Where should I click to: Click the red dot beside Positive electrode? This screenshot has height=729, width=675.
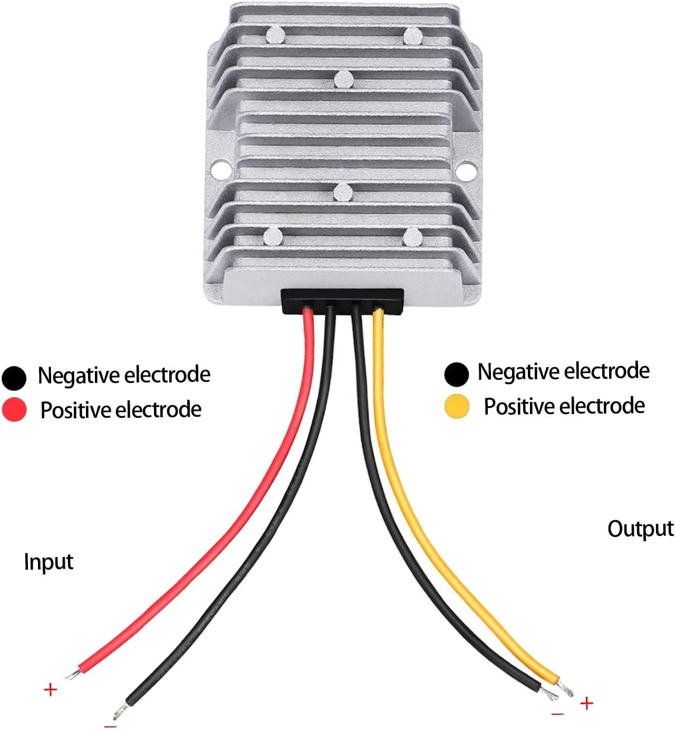tap(14, 409)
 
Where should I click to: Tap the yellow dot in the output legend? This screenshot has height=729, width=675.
tap(457, 406)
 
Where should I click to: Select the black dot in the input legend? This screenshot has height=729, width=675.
tap(14, 377)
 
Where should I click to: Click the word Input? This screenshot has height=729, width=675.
tap(49, 562)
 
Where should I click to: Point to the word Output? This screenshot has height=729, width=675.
tap(640, 529)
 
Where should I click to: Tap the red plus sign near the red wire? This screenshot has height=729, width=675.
tap(50, 689)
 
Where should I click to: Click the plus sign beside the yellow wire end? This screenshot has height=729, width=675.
tap(586, 703)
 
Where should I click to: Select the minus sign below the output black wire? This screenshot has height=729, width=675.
tap(557, 714)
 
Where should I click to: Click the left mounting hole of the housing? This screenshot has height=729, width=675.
tap(221, 170)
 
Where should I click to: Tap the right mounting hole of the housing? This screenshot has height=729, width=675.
tap(466, 170)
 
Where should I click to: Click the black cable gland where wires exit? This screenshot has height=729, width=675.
tap(343, 301)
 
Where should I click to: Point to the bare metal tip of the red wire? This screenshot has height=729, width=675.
tap(72, 674)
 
